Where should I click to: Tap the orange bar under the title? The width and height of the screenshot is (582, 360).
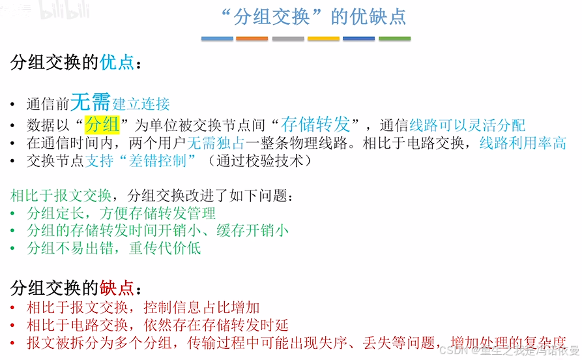[252, 38]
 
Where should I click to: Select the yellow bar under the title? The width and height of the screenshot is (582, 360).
[323, 38]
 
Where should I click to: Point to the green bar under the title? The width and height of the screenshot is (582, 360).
[394, 38]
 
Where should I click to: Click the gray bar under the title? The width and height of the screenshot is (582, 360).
[287, 38]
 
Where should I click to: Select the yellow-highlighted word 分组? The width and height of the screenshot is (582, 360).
[102, 124]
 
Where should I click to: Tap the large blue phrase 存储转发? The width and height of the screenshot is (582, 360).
[316, 123]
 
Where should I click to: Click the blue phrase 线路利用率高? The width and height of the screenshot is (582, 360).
[523, 143]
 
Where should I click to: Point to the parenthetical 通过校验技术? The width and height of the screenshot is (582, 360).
[261, 160]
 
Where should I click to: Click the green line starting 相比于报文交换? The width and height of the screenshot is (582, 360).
[156, 195]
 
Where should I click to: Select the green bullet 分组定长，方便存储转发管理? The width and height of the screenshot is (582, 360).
[121, 213]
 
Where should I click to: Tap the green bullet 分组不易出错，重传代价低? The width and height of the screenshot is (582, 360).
[113, 248]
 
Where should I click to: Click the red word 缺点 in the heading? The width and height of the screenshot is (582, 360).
[117, 288]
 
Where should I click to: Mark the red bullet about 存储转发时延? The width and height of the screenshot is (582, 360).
[157, 325]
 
